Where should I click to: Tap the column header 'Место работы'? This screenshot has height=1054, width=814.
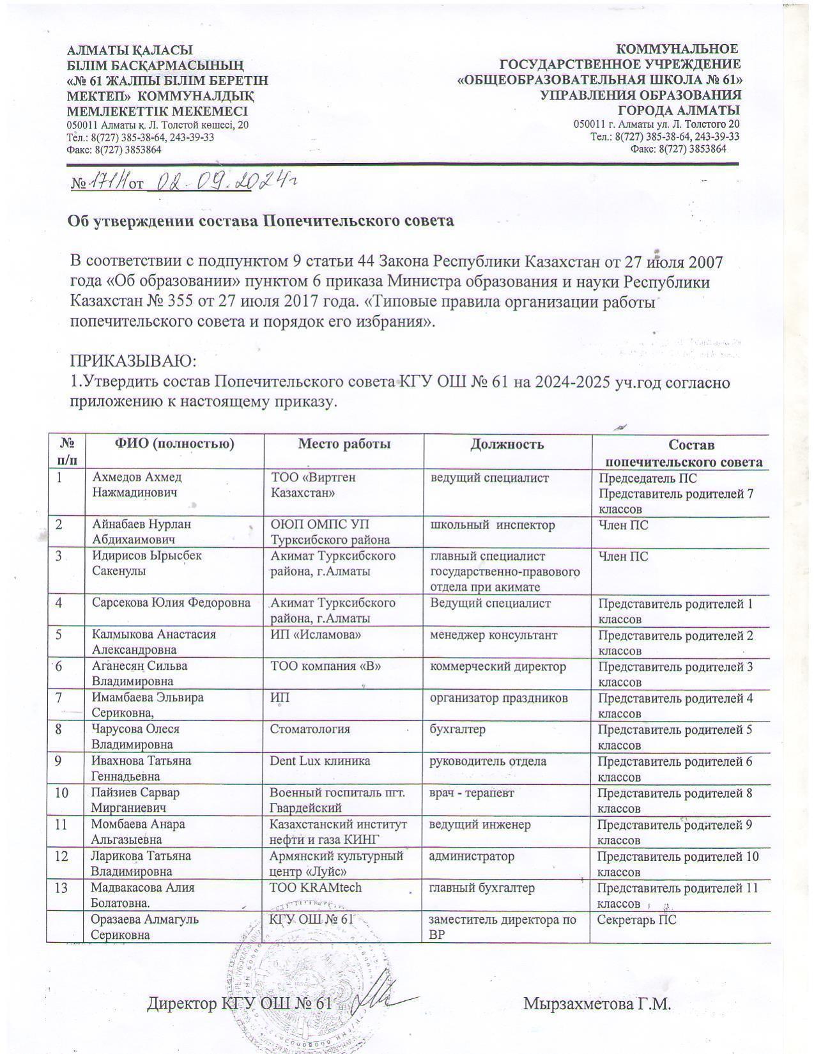(344, 444)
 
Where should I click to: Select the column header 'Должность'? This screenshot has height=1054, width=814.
(507, 444)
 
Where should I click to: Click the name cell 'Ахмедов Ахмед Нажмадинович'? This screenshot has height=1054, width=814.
(137, 485)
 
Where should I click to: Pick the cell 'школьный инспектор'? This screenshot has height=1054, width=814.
(492, 525)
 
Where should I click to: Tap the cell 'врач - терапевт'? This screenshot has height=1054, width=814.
(472, 793)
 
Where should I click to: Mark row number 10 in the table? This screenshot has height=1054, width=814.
(63, 793)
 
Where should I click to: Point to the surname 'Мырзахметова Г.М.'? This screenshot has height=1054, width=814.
(597, 1004)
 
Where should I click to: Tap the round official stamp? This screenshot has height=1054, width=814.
(310, 978)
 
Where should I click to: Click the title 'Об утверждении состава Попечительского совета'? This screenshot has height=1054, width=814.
(261, 221)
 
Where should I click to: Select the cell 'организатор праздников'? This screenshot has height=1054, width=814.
(498, 698)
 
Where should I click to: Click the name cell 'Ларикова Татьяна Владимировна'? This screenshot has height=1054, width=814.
(141, 863)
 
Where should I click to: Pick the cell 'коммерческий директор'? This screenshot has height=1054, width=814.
(498, 667)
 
